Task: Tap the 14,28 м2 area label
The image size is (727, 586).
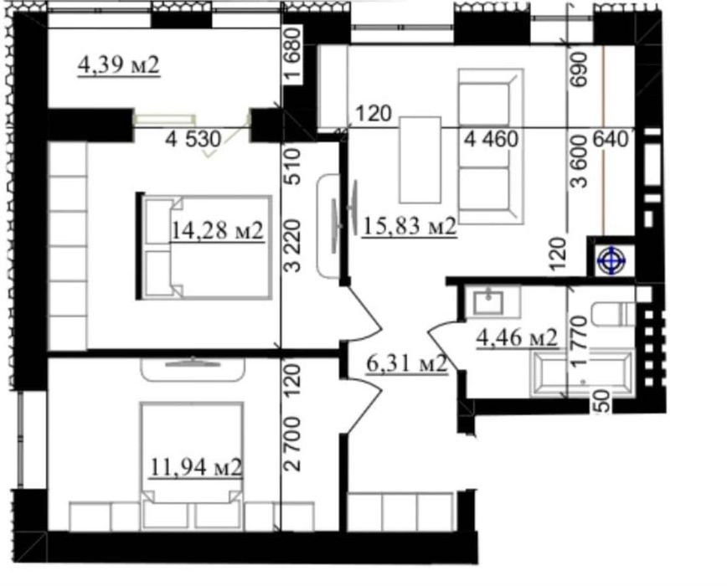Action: tap(218, 230)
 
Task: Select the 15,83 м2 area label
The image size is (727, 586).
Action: tap(410, 226)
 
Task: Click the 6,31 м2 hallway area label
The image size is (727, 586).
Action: tap(406, 363)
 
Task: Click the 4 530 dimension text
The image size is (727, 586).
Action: tap(193, 139)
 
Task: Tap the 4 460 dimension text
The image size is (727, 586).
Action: tap(491, 139)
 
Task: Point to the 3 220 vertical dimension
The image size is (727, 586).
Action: tap(294, 245)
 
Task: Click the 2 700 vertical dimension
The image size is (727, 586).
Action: tap(294, 444)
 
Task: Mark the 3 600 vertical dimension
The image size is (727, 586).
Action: tap(580, 161)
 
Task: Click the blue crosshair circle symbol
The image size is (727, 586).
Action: tap(611, 261)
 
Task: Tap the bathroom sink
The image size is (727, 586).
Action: tap(487, 302)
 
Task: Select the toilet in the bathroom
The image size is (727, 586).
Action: tap(613, 314)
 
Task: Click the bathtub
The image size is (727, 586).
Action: tap(582, 373)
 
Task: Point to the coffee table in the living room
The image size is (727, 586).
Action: tap(420, 160)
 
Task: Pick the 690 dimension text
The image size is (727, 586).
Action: tap(580, 69)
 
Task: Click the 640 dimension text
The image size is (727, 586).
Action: tap(610, 139)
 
